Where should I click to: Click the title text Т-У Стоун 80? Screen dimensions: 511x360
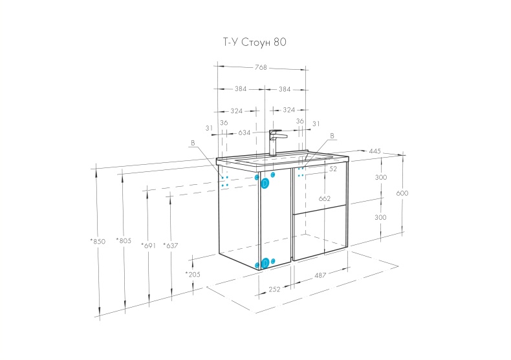[x=254, y=42]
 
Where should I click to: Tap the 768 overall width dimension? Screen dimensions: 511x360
[x=261, y=67]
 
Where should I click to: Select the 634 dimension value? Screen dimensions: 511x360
[x=245, y=132]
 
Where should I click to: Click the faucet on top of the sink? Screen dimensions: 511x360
[x=276, y=143]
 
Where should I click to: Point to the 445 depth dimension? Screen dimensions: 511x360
[x=375, y=151]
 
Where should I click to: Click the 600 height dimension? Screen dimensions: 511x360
[x=402, y=193]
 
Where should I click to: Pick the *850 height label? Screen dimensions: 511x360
[x=98, y=242]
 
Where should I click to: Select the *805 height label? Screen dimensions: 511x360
[x=124, y=241]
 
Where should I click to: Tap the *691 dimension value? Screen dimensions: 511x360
[x=148, y=246]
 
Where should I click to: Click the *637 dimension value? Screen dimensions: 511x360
[x=171, y=246]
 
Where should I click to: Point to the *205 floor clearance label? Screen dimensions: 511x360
[x=193, y=275]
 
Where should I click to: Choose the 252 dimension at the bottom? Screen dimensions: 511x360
[x=274, y=290]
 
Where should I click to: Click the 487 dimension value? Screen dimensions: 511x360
[x=320, y=275]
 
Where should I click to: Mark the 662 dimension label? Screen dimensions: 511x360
[x=325, y=198]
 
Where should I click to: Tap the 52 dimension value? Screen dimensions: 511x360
[x=333, y=169]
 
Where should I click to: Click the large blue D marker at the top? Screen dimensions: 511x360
[x=265, y=184]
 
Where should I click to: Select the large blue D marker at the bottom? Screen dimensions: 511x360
[x=265, y=262]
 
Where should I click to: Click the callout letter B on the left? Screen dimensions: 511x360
[x=193, y=143]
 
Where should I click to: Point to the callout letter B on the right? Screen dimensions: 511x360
[x=332, y=136]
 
